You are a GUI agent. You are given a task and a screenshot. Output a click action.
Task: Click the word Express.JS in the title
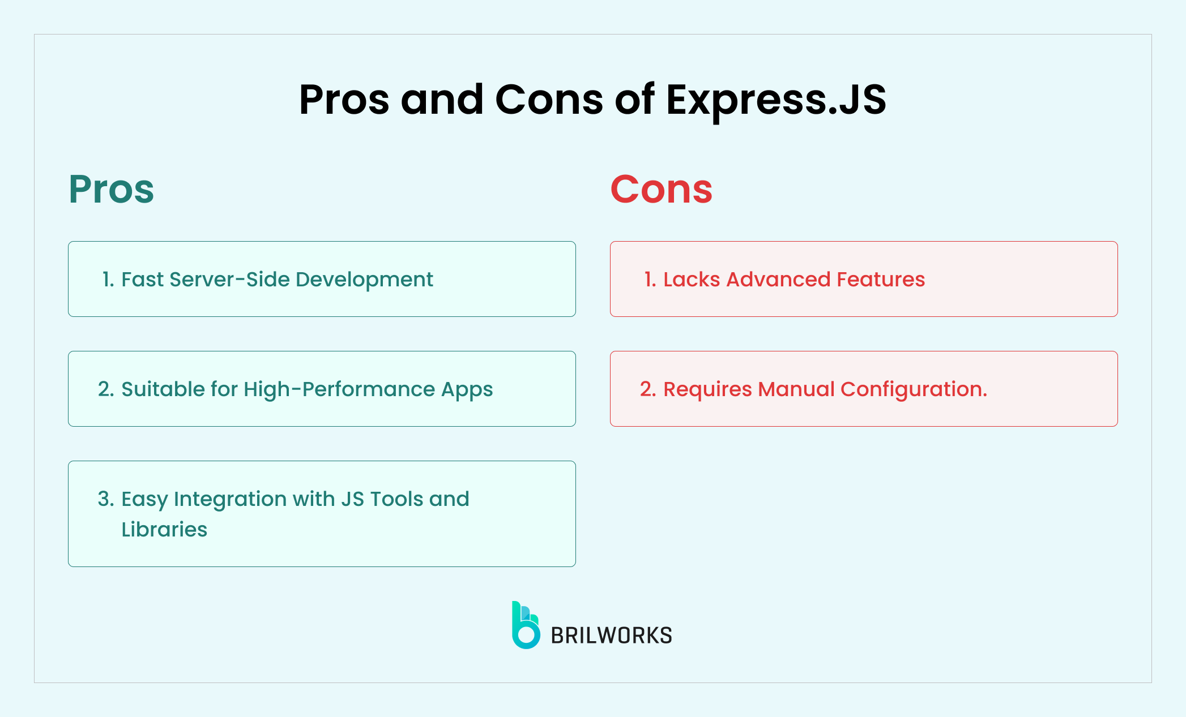775,100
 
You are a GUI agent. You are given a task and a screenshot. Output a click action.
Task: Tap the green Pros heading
111,189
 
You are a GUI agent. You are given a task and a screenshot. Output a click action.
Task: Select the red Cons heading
661,189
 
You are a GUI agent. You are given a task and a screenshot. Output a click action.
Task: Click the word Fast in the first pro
142,280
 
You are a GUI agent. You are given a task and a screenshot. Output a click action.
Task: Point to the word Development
364,280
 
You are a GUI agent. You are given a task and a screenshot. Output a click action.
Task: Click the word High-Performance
339,389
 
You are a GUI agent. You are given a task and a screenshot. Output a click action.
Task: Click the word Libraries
164,530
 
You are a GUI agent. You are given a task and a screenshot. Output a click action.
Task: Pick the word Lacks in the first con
692,280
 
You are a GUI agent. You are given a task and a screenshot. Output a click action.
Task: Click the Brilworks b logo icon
525,625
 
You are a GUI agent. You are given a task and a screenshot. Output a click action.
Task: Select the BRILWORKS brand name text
611,636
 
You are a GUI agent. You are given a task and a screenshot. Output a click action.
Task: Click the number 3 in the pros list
105,499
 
